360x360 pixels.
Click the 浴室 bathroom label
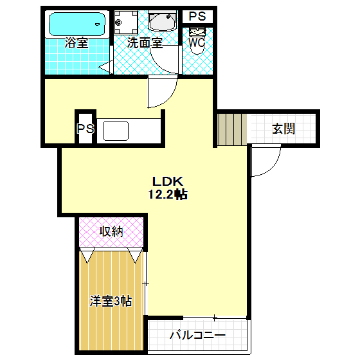click(x=76, y=44)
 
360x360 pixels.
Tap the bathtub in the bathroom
click(x=76, y=25)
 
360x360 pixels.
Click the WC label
click(x=197, y=43)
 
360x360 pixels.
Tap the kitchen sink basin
click(x=117, y=130)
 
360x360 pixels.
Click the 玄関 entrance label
click(x=283, y=129)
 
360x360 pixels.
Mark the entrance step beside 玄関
click(x=232, y=129)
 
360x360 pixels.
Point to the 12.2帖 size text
click(x=168, y=195)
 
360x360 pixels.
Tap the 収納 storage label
click(x=111, y=231)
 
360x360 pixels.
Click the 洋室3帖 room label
click(x=111, y=301)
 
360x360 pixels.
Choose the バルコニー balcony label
click(x=197, y=336)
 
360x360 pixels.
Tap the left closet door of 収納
click(x=87, y=255)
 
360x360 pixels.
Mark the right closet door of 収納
click(x=135, y=255)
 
